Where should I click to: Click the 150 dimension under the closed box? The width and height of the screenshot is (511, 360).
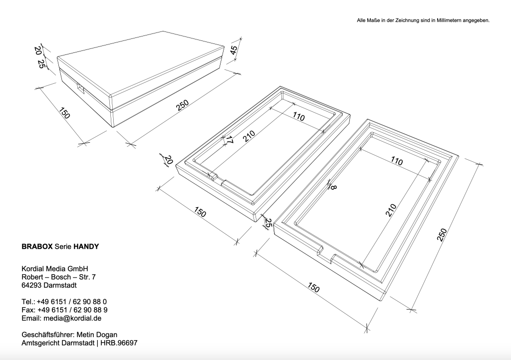tap(64, 113)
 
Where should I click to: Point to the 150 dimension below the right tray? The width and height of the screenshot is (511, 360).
tap(313, 288)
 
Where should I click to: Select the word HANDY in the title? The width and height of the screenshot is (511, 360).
tap(86, 246)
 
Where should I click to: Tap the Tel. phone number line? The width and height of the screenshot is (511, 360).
tap(64, 302)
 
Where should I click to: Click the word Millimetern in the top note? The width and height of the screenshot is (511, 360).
tap(451, 20)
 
